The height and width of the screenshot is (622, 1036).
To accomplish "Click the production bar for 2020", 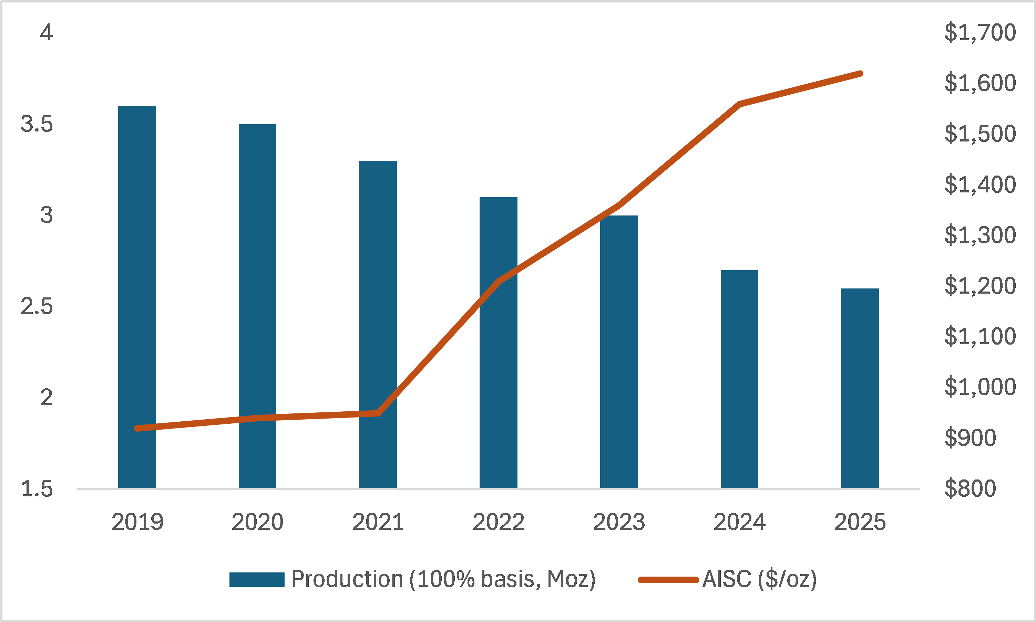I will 257,306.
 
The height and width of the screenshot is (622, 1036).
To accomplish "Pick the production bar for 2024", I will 739,379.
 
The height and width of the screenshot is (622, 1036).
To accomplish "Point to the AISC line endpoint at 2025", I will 860,74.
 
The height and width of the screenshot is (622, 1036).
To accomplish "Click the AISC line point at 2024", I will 739,104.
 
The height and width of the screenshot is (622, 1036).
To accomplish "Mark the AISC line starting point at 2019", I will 137,428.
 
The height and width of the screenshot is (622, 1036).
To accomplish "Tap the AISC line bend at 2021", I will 378,413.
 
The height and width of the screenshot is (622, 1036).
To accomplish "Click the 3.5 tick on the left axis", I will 37,124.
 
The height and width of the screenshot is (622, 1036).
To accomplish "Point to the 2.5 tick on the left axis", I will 37,306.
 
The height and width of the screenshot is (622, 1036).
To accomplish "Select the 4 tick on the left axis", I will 46,32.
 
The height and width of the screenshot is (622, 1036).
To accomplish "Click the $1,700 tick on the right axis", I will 980,32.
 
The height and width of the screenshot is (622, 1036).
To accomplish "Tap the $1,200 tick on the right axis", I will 980,286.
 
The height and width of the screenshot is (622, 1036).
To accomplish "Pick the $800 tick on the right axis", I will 970,488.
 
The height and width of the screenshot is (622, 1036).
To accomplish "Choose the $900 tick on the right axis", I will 970,437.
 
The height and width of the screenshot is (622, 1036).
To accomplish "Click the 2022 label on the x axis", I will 498,522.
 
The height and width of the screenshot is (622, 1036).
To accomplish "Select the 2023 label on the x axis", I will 619,522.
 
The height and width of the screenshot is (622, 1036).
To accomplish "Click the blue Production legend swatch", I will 257,580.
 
